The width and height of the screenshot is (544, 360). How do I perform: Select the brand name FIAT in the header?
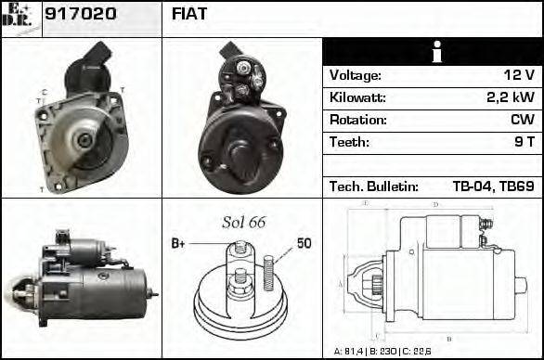[x=190, y=14]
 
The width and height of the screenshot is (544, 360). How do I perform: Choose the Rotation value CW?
[x=522, y=121]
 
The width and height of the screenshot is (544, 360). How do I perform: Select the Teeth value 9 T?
[x=524, y=143]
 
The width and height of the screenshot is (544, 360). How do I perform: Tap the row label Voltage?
[x=355, y=76]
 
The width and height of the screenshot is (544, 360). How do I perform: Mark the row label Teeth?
[x=349, y=143]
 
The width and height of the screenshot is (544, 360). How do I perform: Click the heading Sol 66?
[x=243, y=222]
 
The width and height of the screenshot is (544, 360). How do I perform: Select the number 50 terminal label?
[x=304, y=243]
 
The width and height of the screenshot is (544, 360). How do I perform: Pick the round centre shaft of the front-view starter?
[x=84, y=139]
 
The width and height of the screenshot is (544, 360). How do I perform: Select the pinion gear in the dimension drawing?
[x=377, y=283]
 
